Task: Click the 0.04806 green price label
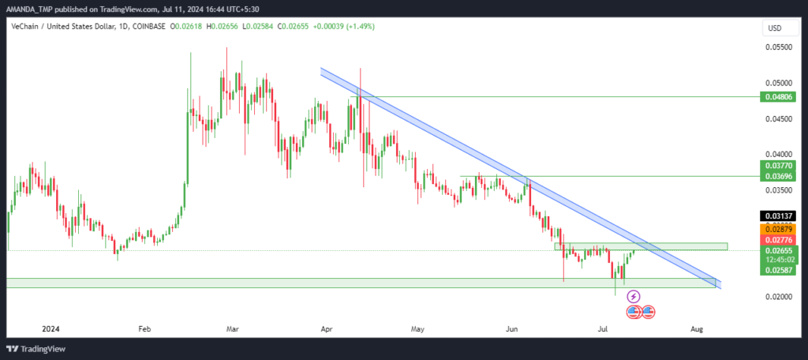tap(778, 96)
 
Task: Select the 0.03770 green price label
tap(778, 166)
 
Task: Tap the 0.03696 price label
tap(778, 176)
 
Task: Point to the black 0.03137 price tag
tap(778, 216)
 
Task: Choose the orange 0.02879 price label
tap(778, 228)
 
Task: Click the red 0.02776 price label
tap(778, 239)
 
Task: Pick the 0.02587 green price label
tap(778, 270)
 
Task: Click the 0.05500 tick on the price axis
tap(777, 47)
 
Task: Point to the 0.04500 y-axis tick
tap(777, 118)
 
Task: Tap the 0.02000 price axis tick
tap(777, 297)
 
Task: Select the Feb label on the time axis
tap(144, 328)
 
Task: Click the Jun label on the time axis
tap(511, 328)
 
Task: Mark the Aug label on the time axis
tap(696, 328)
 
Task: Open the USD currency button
tap(775, 28)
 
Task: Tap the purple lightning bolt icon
tap(634, 297)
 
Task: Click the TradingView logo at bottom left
tap(36, 349)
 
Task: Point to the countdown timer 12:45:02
tap(778, 260)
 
